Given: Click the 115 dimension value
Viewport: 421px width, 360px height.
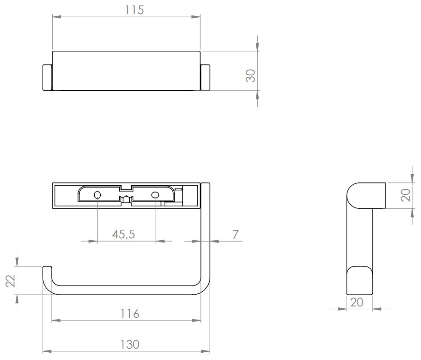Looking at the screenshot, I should pyautogui.click(x=135, y=10).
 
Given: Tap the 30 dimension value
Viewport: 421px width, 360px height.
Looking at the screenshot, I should pyautogui.click(x=251, y=75).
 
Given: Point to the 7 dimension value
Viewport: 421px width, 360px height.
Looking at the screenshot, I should pyautogui.click(x=235, y=234).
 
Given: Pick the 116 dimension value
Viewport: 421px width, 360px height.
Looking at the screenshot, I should pyautogui.click(x=130, y=313).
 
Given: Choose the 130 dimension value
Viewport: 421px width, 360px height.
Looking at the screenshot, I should pyautogui.click(x=130, y=344).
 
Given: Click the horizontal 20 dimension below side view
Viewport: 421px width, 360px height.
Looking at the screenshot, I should pyautogui.click(x=357, y=302).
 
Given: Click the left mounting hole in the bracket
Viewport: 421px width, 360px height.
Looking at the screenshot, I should pyautogui.click(x=97, y=195).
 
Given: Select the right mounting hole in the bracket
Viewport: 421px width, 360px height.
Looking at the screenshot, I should pyautogui.click(x=155, y=195).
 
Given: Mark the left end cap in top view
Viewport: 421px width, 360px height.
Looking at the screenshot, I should pyautogui.click(x=48, y=78).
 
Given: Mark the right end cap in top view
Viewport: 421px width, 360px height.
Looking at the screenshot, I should pyautogui.click(x=205, y=78).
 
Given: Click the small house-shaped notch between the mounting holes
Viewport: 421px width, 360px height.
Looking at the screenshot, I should pyautogui.click(x=126, y=198).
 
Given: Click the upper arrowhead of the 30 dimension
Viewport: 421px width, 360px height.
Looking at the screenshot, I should pyautogui.click(x=258, y=48).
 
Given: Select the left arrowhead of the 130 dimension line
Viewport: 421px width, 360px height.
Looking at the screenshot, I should pyautogui.click(x=46, y=351).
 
